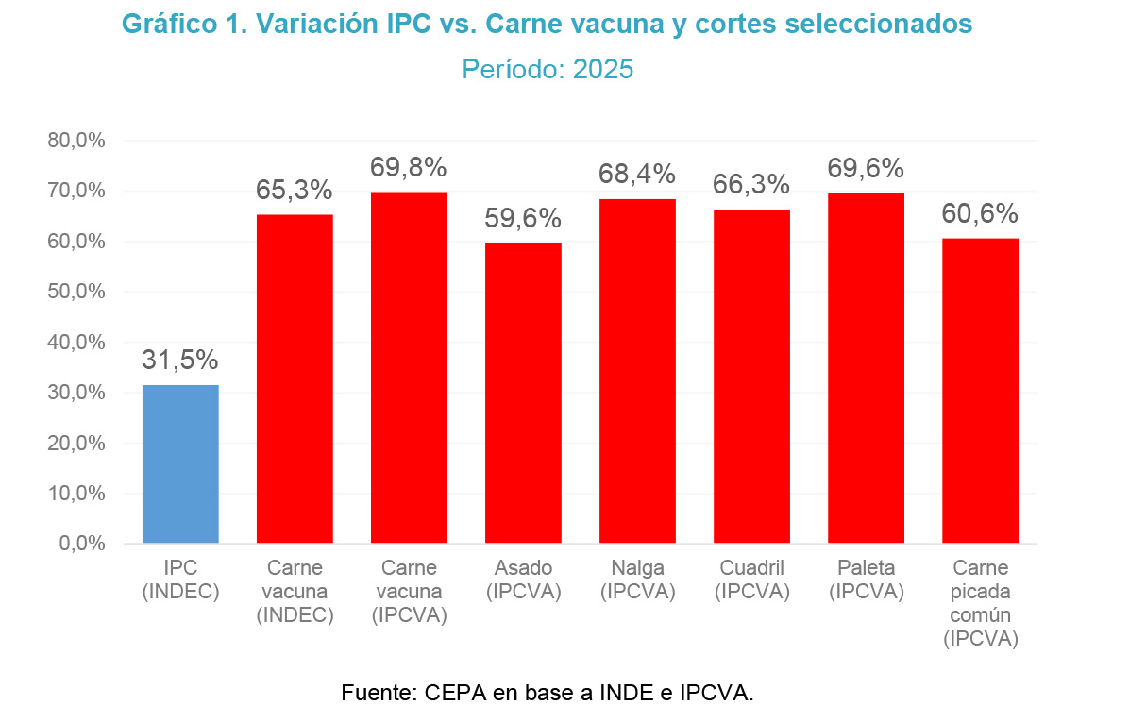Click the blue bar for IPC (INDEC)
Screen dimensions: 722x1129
[180, 463]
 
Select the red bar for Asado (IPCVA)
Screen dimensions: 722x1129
[523, 393]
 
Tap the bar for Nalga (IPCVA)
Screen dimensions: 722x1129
[637, 371]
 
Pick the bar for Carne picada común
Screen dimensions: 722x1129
[980, 391]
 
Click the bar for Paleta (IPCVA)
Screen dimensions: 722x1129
[866, 368]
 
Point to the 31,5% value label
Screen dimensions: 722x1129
[180, 361]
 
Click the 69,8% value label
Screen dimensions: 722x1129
[408, 168]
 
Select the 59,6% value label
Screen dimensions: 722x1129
[523, 219]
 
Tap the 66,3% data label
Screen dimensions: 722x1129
[751, 185]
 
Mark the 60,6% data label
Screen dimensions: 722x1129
[980, 214]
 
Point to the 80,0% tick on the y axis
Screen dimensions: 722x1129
[76, 141]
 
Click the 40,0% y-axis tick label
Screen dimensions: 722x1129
[76, 343]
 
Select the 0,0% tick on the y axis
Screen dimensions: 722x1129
[80, 545]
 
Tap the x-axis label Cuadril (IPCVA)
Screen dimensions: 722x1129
[751, 579]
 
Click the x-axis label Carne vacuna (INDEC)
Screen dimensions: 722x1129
[295, 592]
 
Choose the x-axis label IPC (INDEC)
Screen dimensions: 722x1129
[180, 579]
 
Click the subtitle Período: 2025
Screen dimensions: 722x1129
[548, 70]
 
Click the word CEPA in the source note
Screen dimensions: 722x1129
[457, 693]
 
